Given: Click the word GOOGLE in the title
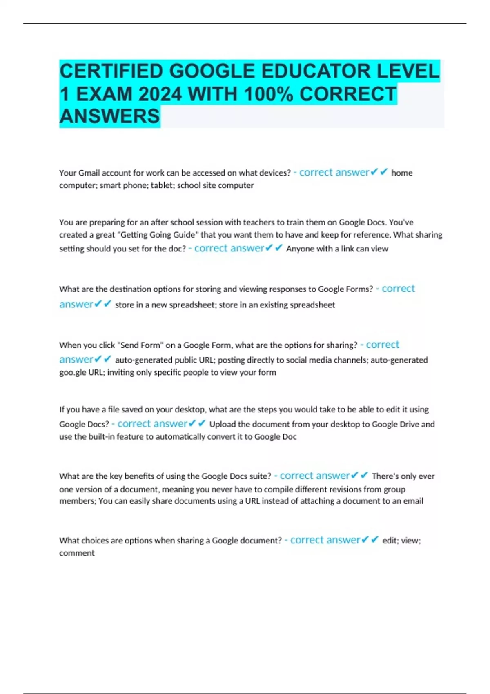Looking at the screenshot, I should click(x=212, y=71).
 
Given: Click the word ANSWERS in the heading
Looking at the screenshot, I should click(x=109, y=116).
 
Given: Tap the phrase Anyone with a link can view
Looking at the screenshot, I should click(x=337, y=249).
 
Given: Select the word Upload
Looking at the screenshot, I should click(x=223, y=424).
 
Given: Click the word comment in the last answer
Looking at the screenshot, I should click(x=77, y=553).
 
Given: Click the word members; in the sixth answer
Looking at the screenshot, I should click(x=78, y=501).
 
